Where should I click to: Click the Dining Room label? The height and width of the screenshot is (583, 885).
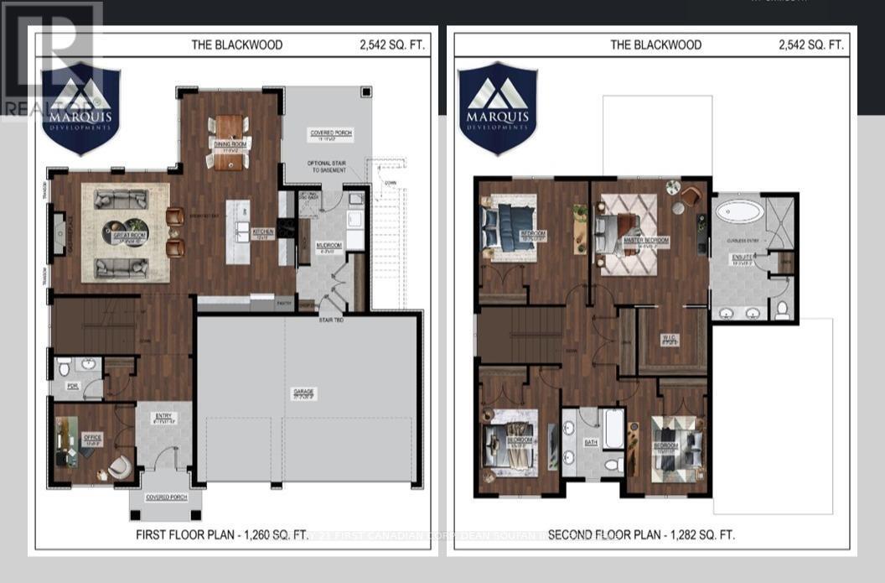(229, 145)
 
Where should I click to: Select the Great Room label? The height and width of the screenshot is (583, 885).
(130, 237)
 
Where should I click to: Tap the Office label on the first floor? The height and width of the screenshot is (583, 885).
(92, 436)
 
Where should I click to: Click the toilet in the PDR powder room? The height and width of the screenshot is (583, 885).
(64, 369)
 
